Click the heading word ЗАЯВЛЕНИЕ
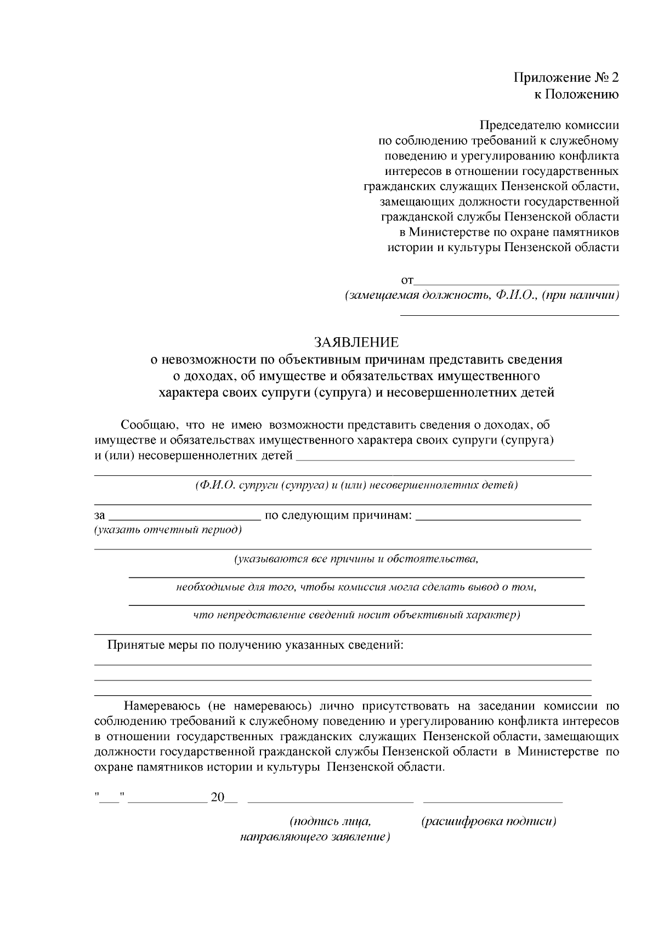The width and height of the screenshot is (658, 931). click(356, 343)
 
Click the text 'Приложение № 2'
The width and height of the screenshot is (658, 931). click(566, 77)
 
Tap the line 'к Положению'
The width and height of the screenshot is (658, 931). click(576, 94)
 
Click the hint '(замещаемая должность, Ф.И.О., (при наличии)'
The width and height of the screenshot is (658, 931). click(481, 296)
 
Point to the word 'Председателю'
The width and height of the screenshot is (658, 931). click(514, 125)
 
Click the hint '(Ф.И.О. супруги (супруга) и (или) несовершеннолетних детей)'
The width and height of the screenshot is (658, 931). click(356, 485)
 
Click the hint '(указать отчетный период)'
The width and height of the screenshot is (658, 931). click(168, 530)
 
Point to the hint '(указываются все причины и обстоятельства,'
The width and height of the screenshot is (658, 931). click(356, 560)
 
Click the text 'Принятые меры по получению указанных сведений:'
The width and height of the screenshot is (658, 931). click(256, 645)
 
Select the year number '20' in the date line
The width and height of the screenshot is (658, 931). click(218, 798)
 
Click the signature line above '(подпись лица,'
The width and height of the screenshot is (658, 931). click(331, 801)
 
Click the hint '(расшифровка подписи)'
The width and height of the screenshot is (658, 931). click(489, 822)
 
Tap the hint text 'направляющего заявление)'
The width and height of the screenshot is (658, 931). click(315, 838)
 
